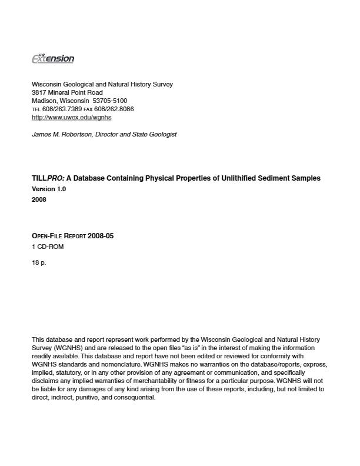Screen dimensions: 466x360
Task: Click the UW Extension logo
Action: (x=52, y=58)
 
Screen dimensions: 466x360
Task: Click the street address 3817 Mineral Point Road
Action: (x=67, y=92)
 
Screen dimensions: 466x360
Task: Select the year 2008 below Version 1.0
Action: (x=39, y=199)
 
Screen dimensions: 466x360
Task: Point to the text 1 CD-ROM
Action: (x=48, y=247)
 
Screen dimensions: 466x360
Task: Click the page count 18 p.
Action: (x=39, y=262)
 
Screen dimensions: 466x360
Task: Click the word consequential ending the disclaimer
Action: (x=136, y=397)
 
